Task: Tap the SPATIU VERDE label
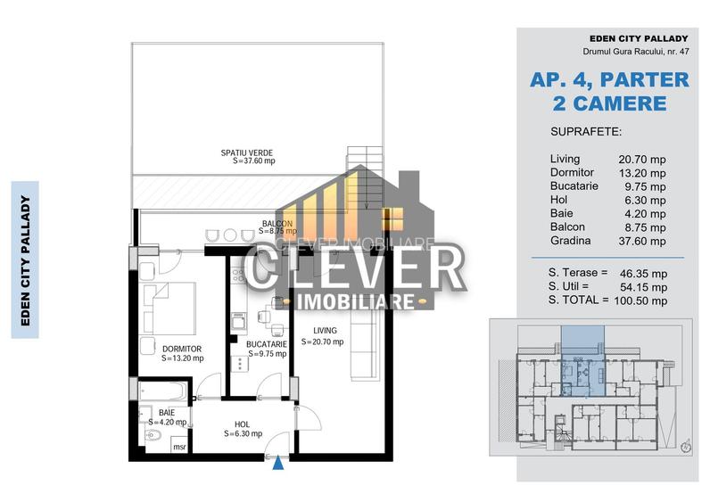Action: (247, 152)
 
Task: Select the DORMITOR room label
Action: (182, 349)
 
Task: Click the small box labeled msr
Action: (179, 446)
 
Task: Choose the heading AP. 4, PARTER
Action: (609, 79)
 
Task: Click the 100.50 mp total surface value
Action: (642, 300)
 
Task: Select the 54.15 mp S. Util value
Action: (643, 286)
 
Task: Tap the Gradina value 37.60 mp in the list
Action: (642, 241)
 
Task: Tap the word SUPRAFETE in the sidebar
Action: (587, 131)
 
